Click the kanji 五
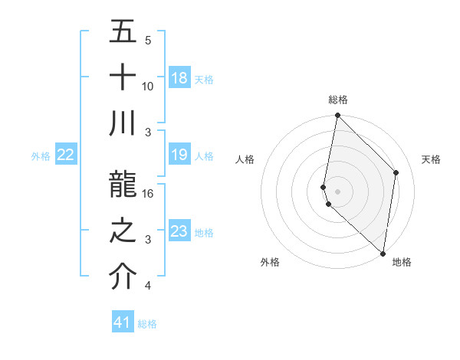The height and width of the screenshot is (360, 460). click(123, 32)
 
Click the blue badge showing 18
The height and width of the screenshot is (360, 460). click(179, 78)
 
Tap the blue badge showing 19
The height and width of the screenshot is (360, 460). click(179, 155)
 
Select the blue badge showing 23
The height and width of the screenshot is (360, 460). click(179, 231)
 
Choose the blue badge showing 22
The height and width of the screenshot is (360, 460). click(65, 155)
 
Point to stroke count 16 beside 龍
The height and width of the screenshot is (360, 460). click(148, 194)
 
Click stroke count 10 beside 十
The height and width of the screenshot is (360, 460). click(148, 86)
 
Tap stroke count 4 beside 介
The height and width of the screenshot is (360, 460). click(148, 286)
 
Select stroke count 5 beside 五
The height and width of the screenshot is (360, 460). click(148, 41)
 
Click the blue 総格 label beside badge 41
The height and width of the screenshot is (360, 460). click(147, 324)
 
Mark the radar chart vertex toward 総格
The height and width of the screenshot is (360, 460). click(337, 116)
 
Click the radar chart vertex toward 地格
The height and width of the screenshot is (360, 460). click(383, 254)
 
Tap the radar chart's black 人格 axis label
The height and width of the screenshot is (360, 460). click(245, 159)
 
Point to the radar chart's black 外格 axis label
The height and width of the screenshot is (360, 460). click(270, 262)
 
